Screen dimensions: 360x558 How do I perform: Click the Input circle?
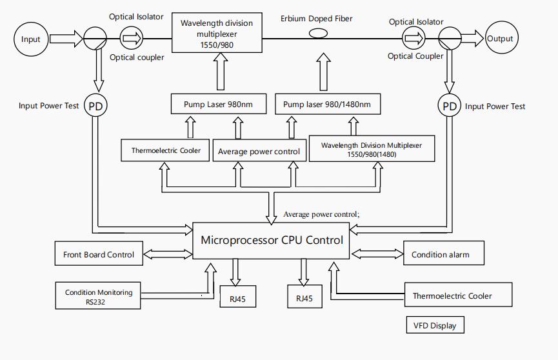31,39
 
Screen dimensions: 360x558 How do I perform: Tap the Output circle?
500,39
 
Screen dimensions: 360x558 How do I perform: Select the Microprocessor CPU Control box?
272,241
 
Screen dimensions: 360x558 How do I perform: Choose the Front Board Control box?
99,254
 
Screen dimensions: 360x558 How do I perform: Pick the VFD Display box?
435,325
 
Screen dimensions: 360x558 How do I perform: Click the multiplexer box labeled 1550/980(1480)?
372,150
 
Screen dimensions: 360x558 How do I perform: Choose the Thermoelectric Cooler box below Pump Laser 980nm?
166,150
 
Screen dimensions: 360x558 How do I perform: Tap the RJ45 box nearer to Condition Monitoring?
237,298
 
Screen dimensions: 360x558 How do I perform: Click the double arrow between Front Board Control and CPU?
168,254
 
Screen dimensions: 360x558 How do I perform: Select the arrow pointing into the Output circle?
470,39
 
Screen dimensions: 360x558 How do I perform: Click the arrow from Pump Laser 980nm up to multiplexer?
219,73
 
